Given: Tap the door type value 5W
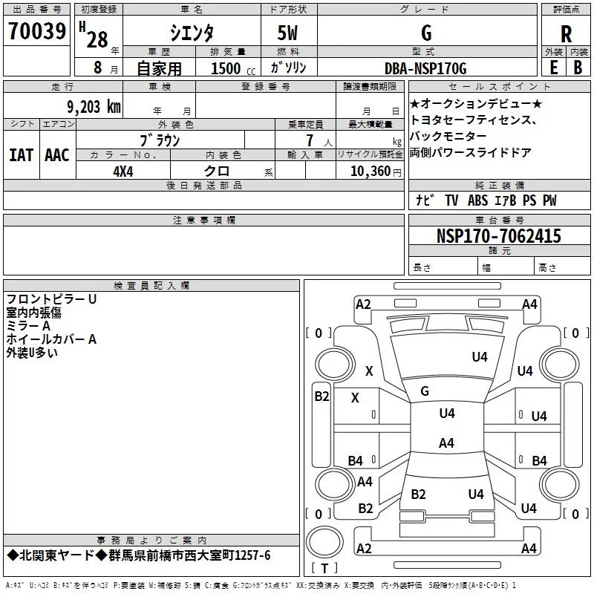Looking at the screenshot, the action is (x=287, y=33).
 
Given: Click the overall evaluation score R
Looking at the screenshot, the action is (x=566, y=33).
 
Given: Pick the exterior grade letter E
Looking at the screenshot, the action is (x=553, y=66).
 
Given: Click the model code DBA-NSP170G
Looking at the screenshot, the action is (x=425, y=68).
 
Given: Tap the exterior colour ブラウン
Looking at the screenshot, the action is (x=160, y=139).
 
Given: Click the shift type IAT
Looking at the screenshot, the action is (x=21, y=154).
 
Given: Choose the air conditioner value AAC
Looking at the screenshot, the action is (x=57, y=154).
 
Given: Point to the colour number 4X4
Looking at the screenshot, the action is (x=123, y=171).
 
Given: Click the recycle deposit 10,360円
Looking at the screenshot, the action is (x=369, y=171).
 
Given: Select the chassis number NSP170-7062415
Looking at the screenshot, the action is (x=499, y=236).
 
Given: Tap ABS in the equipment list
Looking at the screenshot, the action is (x=478, y=200).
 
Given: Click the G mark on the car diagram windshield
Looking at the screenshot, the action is (x=425, y=391).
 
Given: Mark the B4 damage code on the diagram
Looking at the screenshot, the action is (x=356, y=460).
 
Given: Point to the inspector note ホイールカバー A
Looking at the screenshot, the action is (x=52, y=339).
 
